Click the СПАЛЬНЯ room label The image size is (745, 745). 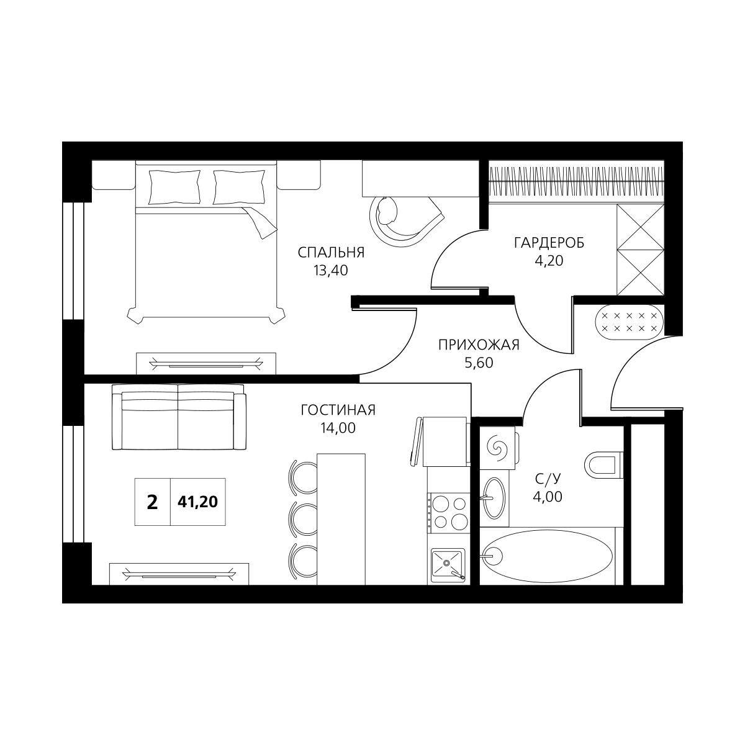tap(331, 253)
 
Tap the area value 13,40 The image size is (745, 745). tap(330, 271)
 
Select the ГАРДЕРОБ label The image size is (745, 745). tap(549, 243)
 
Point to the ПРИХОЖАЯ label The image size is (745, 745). tap(479, 345)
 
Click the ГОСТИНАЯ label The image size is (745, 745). tap(338, 410)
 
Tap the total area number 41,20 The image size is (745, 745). tap(197, 502)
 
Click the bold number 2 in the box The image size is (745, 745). tap(152, 502)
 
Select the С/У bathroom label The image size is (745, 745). tap(548, 479)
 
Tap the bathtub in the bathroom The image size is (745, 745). tap(548, 556)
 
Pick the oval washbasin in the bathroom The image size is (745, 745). tap(494, 498)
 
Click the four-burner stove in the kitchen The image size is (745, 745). tap(449, 513)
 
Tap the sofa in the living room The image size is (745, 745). tap(179, 417)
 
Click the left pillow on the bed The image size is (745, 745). tap(174, 187)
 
